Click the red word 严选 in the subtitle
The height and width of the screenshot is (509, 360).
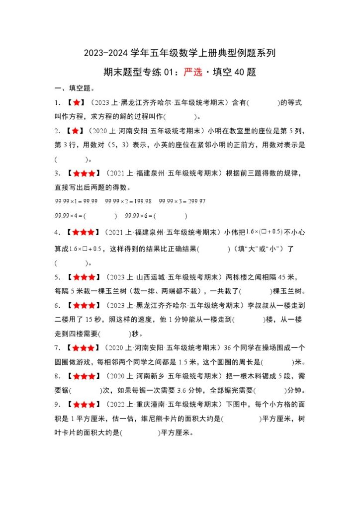click(193, 72)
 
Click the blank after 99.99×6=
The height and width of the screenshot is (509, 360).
click(171, 216)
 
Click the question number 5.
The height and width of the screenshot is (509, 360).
click(58, 277)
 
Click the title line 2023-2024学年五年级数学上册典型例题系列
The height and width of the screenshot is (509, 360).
click(180, 53)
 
